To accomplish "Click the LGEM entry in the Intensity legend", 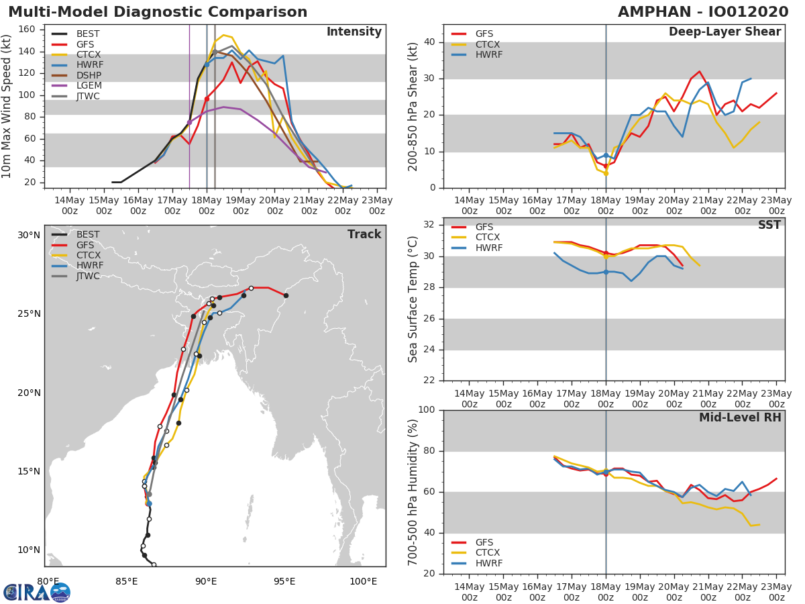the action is [x=77, y=85].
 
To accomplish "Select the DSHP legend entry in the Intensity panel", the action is [x=76, y=75].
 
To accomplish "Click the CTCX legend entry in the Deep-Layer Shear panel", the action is [x=476, y=44].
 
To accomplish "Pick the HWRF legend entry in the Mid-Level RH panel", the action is [x=477, y=563].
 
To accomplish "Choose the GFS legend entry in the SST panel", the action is [x=472, y=227].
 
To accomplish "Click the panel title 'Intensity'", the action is [x=354, y=32].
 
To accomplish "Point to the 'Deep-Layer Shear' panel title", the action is [x=724, y=32].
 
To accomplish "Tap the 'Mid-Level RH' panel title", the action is [x=740, y=417].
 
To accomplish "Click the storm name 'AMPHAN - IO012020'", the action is [x=703, y=12].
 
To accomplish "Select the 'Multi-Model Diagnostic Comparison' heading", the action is [x=158, y=12].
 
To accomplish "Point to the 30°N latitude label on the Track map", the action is [x=29, y=235].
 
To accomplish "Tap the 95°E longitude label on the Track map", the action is [x=284, y=581].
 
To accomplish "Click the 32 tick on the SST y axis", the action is [x=429, y=224].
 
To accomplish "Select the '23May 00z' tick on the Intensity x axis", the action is [x=377, y=206].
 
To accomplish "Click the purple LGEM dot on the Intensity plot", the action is [x=189, y=123].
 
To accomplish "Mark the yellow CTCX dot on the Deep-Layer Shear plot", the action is [x=606, y=173].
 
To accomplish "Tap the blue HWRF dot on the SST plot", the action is [x=606, y=272].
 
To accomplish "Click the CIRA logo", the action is [x=37, y=592].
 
